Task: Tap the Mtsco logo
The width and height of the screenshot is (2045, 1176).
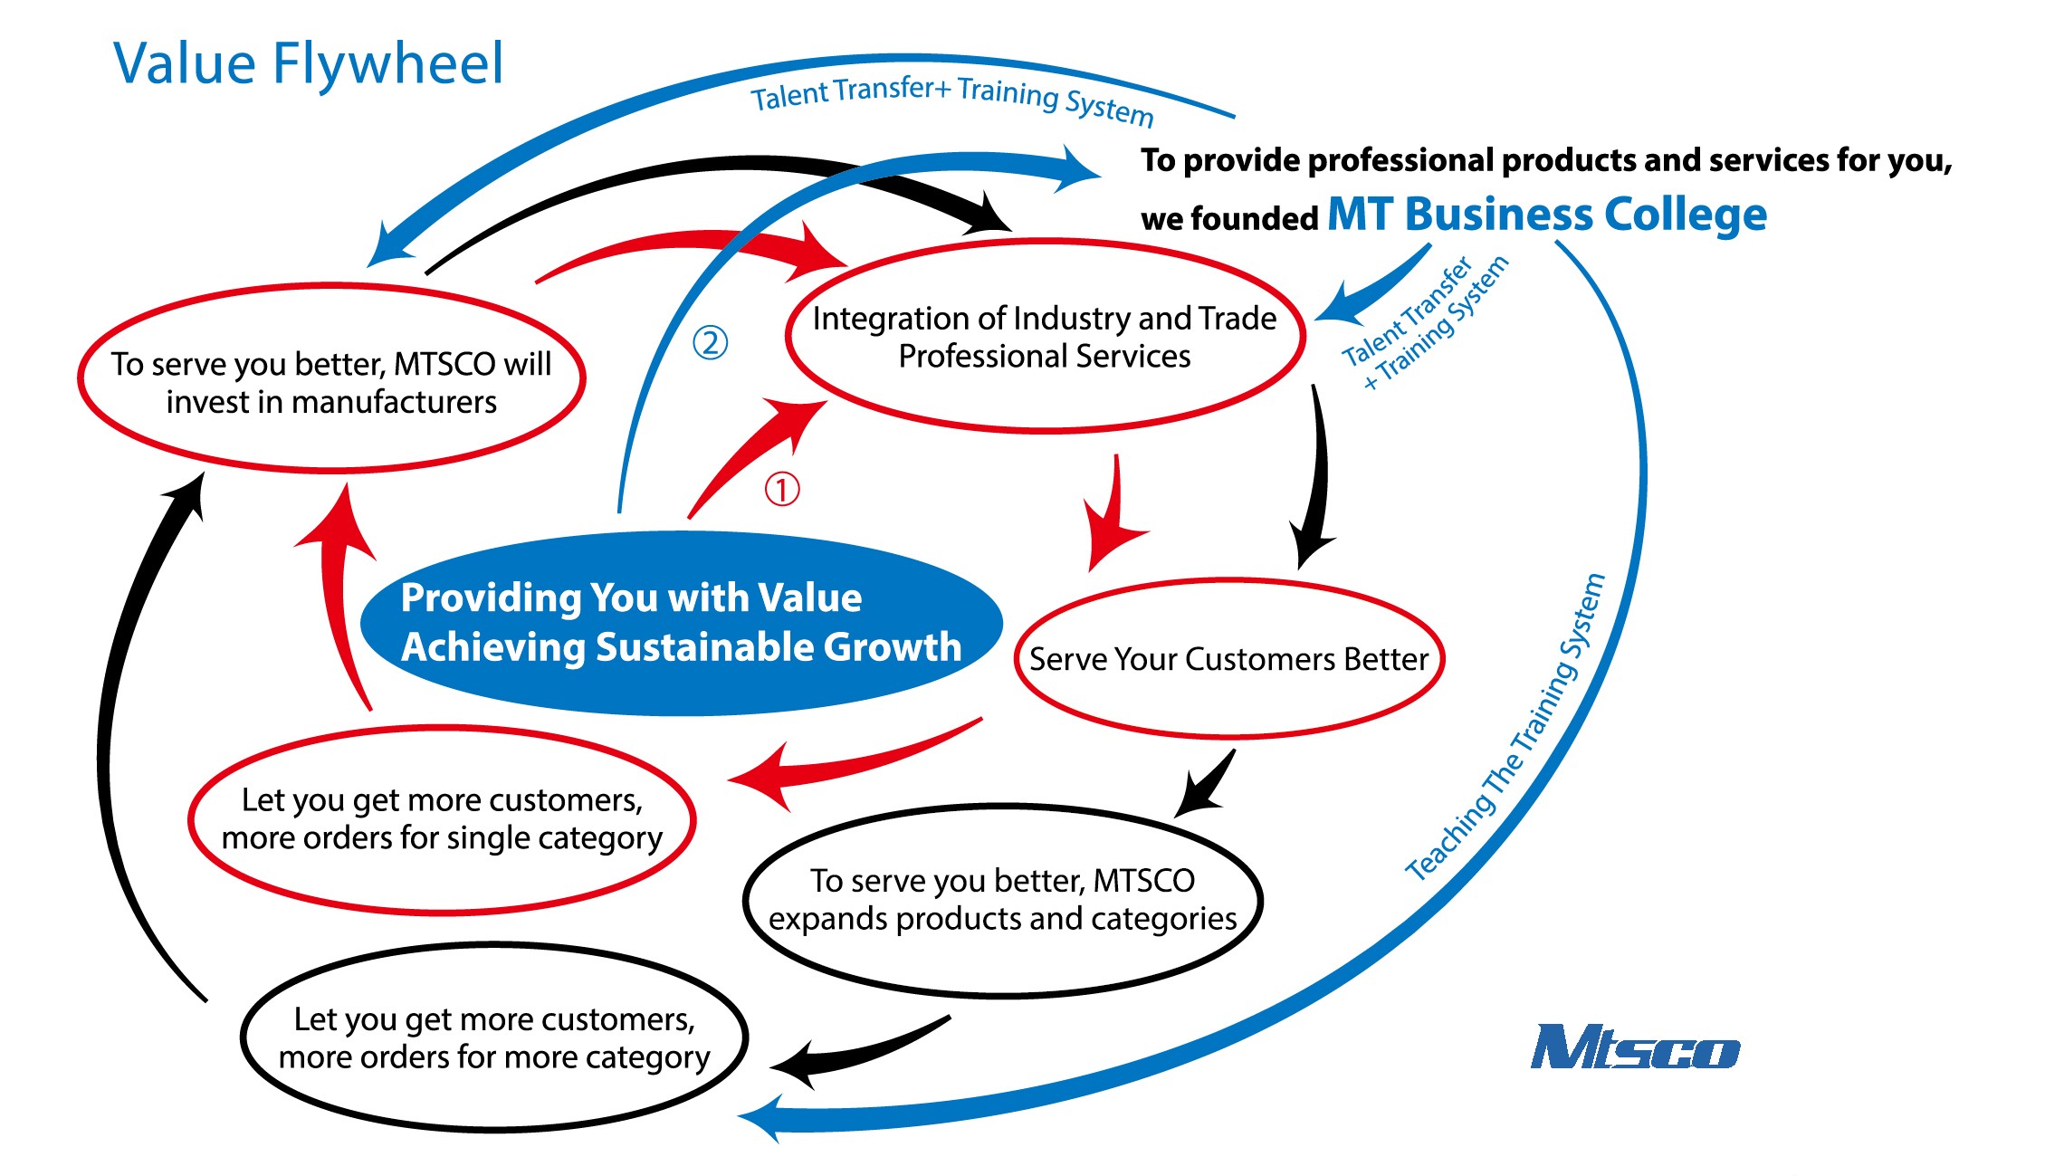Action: [x=1634, y=1047]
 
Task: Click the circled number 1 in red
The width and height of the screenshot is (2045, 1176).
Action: [x=782, y=489]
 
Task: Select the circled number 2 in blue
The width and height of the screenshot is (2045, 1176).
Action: [x=710, y=342]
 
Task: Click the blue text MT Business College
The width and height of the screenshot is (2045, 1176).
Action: [x=1546, y=215]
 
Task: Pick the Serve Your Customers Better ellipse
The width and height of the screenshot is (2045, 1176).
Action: [x=1228, y=658]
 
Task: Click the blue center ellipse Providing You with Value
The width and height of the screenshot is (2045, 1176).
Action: [x=681, y=623]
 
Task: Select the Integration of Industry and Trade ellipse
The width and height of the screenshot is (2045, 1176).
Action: [x=1045, y=337]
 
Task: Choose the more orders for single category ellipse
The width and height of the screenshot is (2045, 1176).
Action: [x=442, y=819]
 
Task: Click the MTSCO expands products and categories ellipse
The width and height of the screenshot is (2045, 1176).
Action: [x=1002, y=900]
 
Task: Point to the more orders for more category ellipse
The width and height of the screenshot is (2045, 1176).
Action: [x=494, y=1037]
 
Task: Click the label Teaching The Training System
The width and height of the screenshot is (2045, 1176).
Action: [x=1505, y=729]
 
